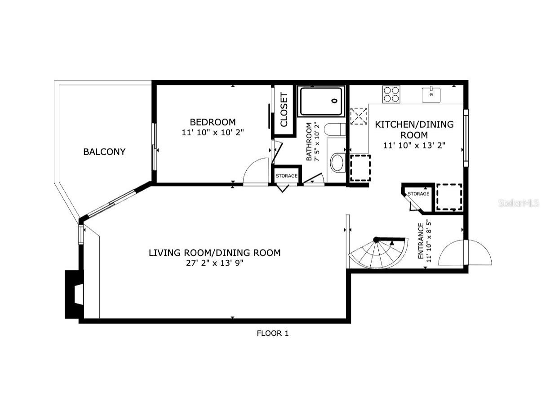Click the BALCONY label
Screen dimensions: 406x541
tap(104, 152)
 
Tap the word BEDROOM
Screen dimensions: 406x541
tap(213, 122)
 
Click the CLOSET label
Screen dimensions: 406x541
tap(284, 110)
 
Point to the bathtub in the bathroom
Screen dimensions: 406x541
tap(321, 101)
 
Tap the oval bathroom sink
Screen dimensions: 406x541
tap(337, 162)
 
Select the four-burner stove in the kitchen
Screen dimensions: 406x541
tap(391, 94)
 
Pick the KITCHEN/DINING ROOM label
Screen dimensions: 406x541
tap(414, 129)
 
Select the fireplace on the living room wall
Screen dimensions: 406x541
tap(74, 294)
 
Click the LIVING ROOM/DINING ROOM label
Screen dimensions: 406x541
tap(214, 253)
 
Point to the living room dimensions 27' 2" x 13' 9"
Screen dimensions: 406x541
tap(214, 263)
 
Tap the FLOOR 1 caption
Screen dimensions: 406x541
tap(272, 333)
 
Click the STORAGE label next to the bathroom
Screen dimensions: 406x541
tap(286, 176)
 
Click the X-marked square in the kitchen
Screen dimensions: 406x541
tap(359, 116)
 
